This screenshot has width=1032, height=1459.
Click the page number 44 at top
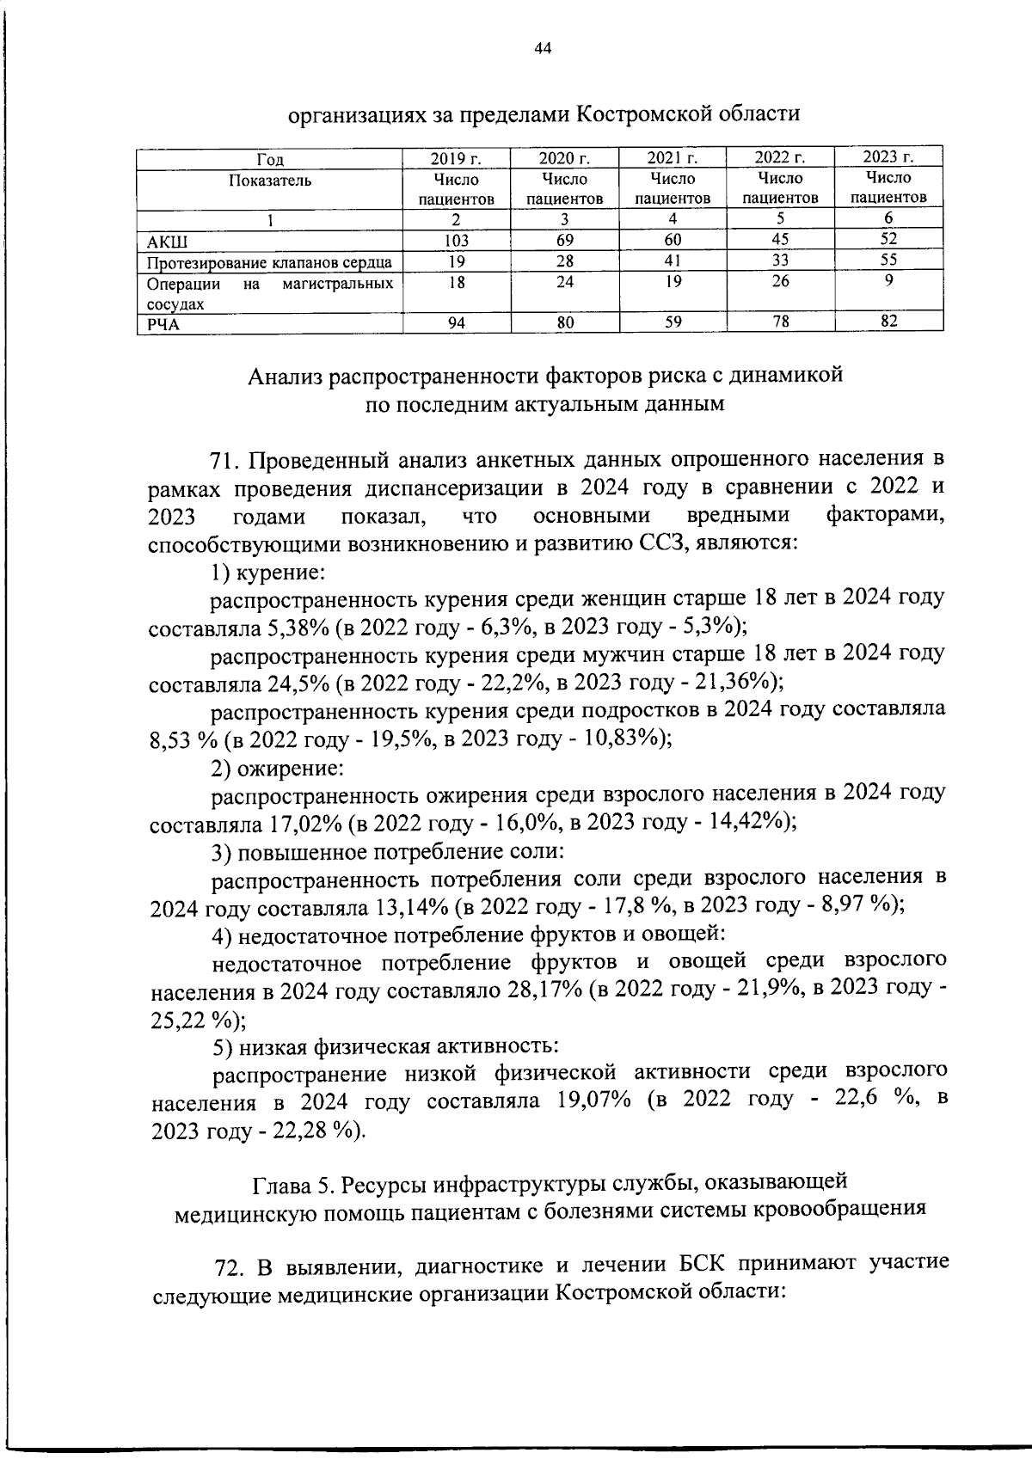tap(542, 48)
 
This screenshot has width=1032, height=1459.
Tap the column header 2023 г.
tap(888, 157)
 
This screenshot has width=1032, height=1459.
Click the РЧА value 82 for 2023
tap(888, 322)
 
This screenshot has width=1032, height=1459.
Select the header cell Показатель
tap(270, 181)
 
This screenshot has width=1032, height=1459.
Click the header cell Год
tap(270, 159)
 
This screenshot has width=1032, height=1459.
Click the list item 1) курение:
tap(267, 571)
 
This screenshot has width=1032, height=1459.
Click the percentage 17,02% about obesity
tap(305, 824)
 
